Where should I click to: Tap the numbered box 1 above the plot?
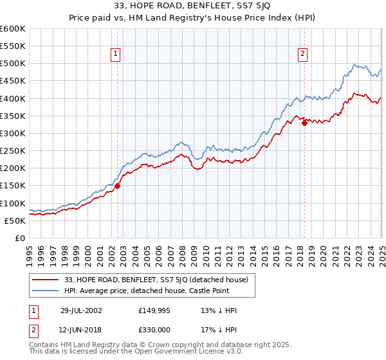pyautogui.click(x=116, y=55)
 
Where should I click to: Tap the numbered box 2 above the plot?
pyautogui.click(x=302, y=55)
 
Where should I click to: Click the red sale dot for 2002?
pyautogui.click(x=118, y=186)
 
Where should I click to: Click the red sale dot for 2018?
pyautogui.click(x=304, y=123)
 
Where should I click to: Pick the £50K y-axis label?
pyautogui.click(x=15, y=221)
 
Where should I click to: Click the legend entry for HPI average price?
pyautogui.click(x=160, y=291)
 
